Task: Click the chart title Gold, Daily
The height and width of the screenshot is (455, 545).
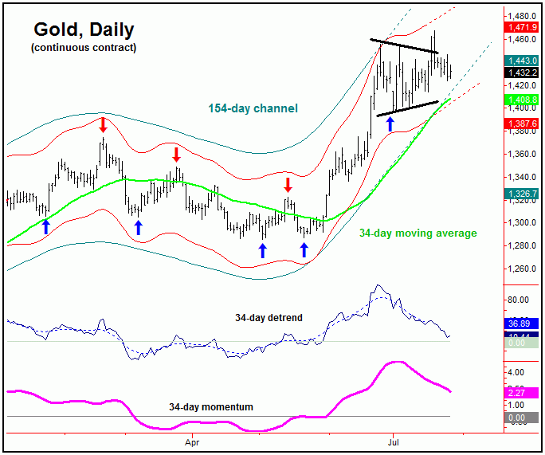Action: (x=84, y=30)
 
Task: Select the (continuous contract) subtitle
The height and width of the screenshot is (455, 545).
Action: (x=84, y=48)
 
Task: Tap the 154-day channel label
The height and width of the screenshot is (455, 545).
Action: (x=253, y=108)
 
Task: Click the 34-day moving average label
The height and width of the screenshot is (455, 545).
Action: (x=418, y=233)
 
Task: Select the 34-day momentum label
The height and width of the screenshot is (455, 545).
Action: (x=211, y=407)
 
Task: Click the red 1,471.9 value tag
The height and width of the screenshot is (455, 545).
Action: (x=522, y=27)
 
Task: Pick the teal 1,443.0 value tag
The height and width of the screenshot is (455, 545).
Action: (x=522, y=61)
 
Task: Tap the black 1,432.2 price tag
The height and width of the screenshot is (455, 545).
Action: (x=522, y=73)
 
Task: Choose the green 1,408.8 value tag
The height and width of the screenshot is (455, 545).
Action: (x=522, y=100)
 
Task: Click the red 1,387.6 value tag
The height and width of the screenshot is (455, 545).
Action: (x=522, y=124)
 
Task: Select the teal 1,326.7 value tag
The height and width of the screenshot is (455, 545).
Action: (x=522, y=194)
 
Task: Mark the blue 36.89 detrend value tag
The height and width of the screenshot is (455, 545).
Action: (x=522, y=324)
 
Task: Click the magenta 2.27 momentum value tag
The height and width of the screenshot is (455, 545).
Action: (x=522, y=391)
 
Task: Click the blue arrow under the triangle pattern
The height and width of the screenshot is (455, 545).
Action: (x=390, y=124)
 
